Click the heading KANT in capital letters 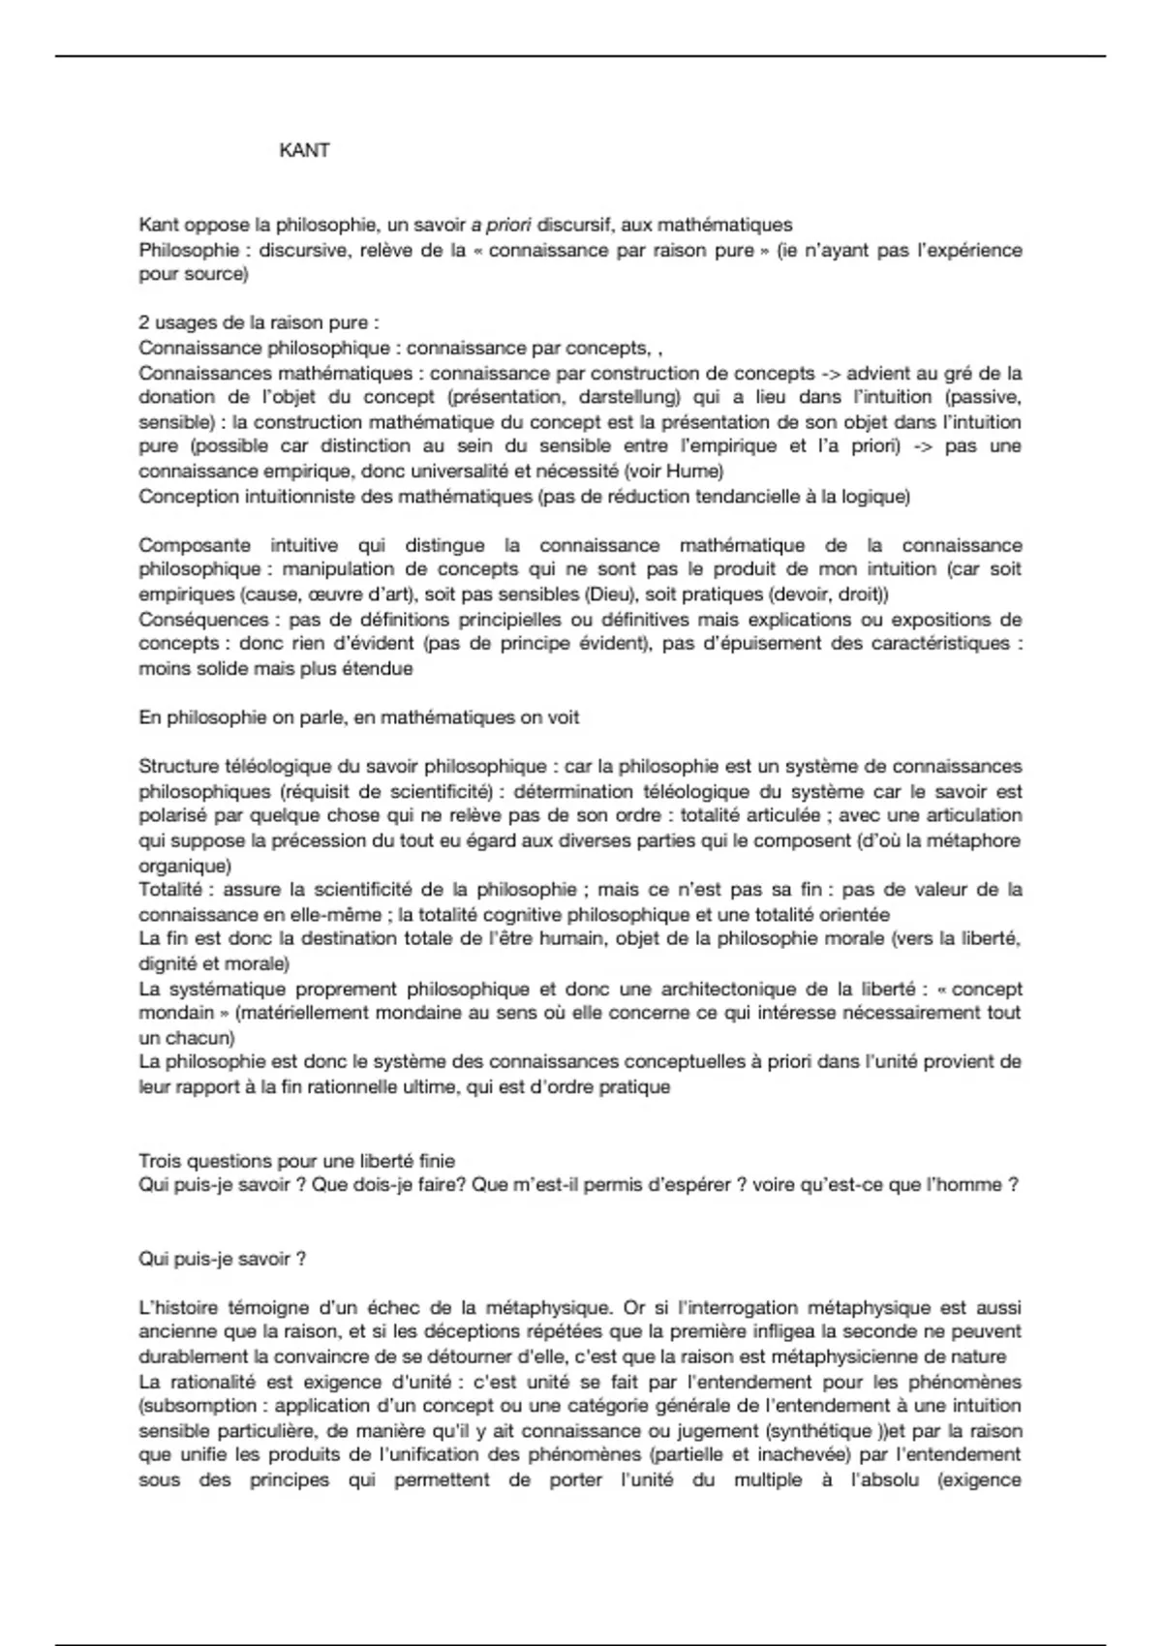pos(304,150)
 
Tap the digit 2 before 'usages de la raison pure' pos(144,322)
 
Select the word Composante pos(195,545)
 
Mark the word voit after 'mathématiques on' pos(562,717)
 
